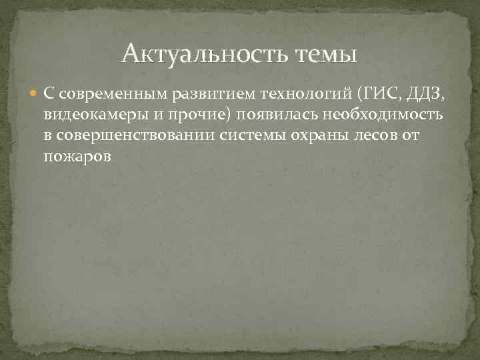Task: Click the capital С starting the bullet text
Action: click(49, 94)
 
